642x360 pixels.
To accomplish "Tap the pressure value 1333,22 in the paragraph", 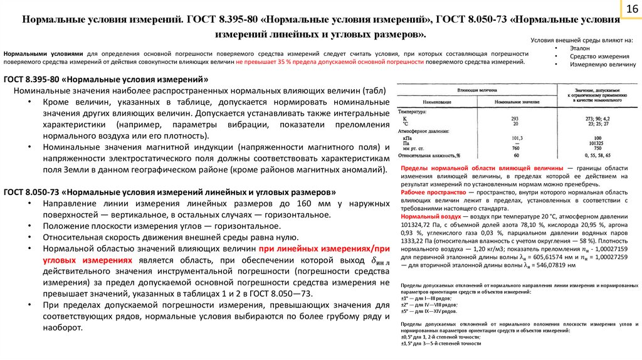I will click(414, 240).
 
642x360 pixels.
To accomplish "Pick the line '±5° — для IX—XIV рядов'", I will click(429, 311).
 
